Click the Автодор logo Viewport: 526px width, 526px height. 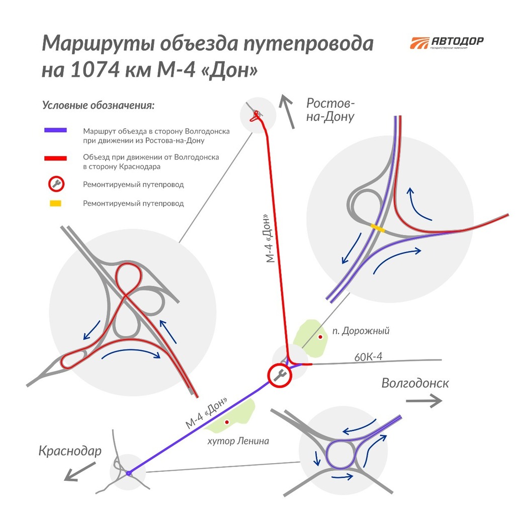point(447,43)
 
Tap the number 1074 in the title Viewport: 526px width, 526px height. point(95,70)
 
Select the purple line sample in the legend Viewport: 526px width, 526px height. point(55,130)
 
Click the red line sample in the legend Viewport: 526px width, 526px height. point(55,158)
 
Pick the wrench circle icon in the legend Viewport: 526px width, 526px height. point(56,184)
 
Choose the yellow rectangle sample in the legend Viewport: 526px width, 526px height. point(55,203)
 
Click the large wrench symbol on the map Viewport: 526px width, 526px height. point(280,375)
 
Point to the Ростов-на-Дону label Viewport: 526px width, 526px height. point(330,110)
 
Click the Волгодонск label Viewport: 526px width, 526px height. point(415,383)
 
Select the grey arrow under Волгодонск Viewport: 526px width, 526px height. point(424,401)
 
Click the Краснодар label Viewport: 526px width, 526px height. point(70,451)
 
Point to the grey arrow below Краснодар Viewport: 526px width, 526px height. point(80,472)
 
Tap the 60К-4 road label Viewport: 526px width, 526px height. point(368,357)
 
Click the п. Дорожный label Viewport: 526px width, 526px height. point(361,331)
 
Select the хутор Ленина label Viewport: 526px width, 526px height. point(238,441)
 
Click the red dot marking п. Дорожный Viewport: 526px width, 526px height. point(320,337)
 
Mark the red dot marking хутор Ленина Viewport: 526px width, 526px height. point(227,422)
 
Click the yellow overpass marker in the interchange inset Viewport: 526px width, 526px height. point(378,228)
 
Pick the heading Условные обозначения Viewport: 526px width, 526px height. point(98,105)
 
